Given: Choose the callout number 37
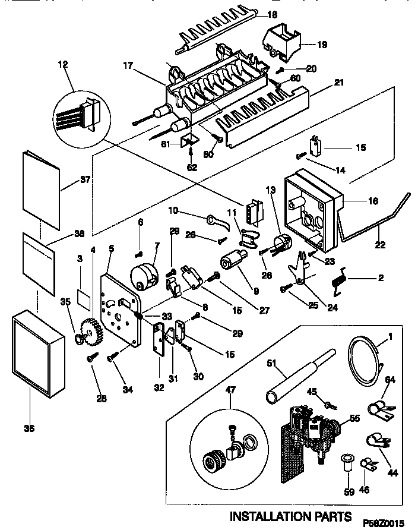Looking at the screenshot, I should point(85,180).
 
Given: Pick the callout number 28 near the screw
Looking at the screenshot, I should point(102,399).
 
